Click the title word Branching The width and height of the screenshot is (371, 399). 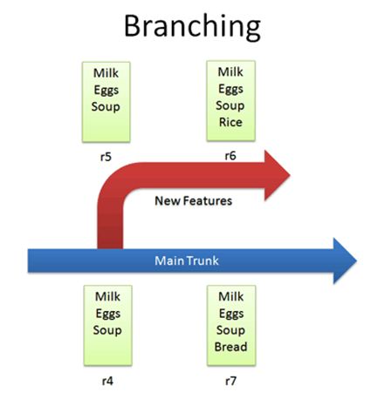pyautogui.click(x=191, y=26)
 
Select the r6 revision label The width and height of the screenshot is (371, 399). pyautogui.click(x=230, y=157)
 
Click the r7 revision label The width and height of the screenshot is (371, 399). pyautogui.click(x=230, y=380)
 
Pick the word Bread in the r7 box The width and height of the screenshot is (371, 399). pyautogui.click(x=230, y=347)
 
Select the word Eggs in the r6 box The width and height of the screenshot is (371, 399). pyautogui.click(x=230, y=88)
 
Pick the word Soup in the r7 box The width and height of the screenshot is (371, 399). pyautogui.click(x=230, y=330)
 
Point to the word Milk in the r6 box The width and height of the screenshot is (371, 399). pyautogui.click(x=230, y=72)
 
